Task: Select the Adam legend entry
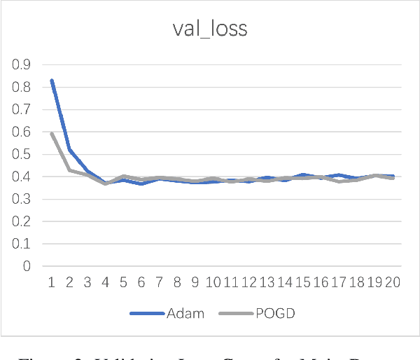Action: pyautogui.click(x=185, y=313)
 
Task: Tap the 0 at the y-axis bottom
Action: pyautogui.click(x=27, y=266)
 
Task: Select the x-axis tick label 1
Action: pyautogui.click(x=50, y=282)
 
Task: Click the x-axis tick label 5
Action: pyautogui.click(x=123, y=282)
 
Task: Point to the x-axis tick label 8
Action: pyautogui.click(x=178, y=282)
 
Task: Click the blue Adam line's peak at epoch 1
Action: pyautogui.click(x=51, y=81)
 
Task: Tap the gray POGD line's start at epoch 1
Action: pyautogui.click(x=51, y=133)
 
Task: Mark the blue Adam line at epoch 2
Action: pyautogui.click(x=69, y=149)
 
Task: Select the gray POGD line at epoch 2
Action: pyautogui.click(x=69, y=170)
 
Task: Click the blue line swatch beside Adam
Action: pyautogui.click(x=146, y=313)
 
